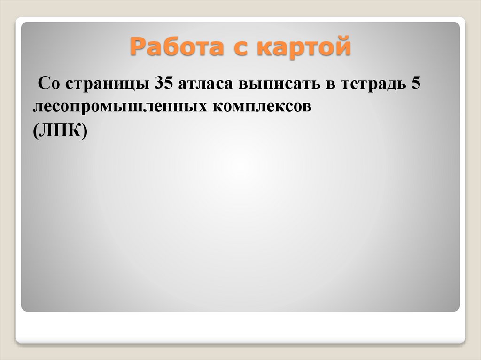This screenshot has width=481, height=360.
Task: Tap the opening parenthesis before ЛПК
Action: (36, 131)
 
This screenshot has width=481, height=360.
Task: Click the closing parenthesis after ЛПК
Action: (84, 131)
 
